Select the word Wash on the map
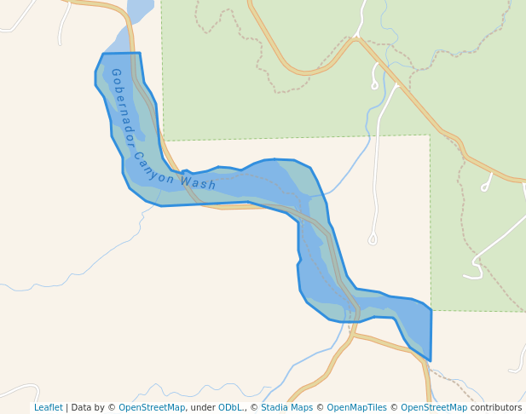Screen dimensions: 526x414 [x=198, y=183]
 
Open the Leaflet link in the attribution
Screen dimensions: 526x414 [x=48, y=407]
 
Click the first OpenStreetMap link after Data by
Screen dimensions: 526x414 [x=151, y=407]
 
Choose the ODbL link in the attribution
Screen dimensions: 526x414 [x=230, y=407]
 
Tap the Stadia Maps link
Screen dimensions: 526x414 [x=286, y=407]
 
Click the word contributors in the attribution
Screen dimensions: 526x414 [x=496, y=407]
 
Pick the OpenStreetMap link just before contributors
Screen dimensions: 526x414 [x=434, y=407]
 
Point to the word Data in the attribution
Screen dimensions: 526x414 [x=83, y=407]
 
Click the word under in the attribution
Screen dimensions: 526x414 [x=202, y=407]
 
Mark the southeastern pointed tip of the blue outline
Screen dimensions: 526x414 [x=430, y=360]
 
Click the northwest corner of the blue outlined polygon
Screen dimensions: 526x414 [x=102, y=55]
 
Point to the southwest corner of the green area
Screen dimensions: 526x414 [x=164, y=140]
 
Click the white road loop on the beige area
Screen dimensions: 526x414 [x=373, y=240]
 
